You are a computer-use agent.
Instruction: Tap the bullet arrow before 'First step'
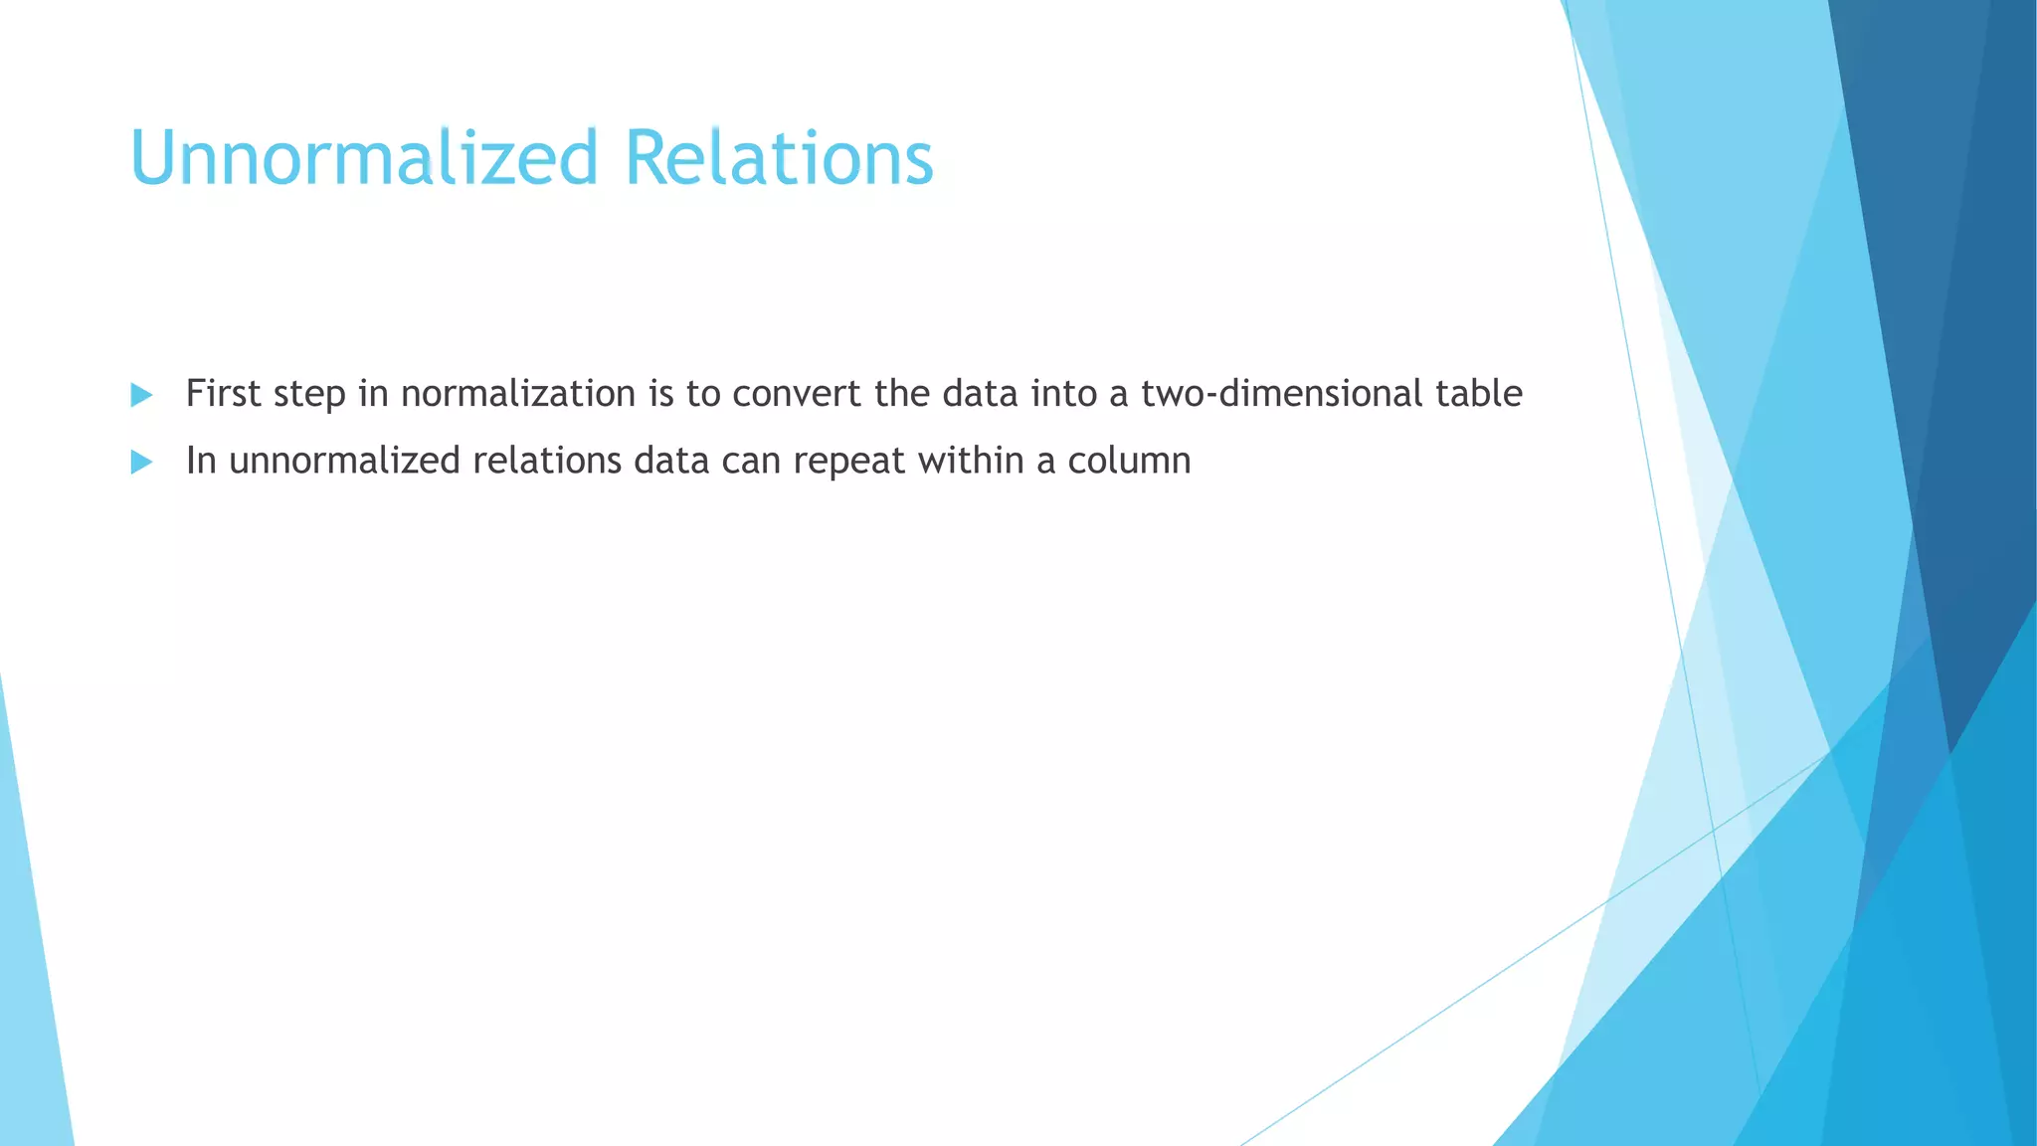[x=141, y=395]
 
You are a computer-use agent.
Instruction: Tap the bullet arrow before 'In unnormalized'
[x=141, y=462]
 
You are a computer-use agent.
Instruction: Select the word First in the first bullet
[x=223, y=394]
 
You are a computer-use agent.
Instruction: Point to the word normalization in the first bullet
[x=518, y=394]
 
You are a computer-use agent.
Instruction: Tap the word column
[x=1129, y=461]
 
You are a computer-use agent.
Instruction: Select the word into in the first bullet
[x=1063, y=394]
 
